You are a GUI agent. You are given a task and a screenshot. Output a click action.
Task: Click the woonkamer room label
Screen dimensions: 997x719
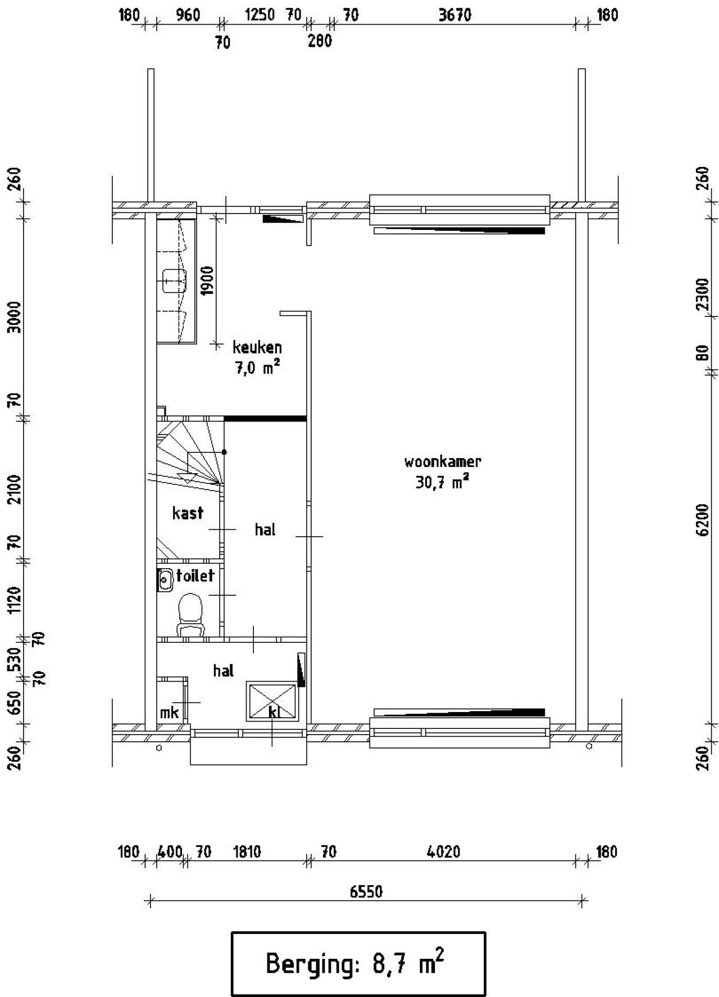(x=443, y=462)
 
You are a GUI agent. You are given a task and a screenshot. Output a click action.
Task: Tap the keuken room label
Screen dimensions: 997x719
(x=257, y=347)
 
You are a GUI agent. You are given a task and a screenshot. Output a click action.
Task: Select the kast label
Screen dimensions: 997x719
(x=188, y=513)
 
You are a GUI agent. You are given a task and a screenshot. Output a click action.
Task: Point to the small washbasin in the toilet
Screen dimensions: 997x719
(x=165, y=579)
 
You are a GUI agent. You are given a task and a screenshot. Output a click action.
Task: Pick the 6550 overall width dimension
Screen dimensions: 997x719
(x=366, y=892)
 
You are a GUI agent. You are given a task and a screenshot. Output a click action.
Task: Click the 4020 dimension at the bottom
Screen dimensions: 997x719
(x=443, y=852)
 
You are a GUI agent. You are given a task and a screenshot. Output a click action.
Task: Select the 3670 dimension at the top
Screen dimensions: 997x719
(x=454, y=15)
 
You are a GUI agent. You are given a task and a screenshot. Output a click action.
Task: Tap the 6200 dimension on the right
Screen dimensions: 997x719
(x=702, y=520)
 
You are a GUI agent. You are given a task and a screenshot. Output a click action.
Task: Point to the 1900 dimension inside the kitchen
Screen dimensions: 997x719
(x=207, y=281)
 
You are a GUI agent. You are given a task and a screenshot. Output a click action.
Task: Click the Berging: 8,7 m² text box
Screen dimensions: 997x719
(x=358, y=963)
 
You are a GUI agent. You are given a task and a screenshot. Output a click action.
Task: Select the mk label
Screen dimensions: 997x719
(x=169, y=713)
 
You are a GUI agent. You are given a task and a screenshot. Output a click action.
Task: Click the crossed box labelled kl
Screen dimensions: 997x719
(x=272, y=701)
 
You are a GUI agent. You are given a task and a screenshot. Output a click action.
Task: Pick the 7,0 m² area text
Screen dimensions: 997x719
(x=257, y=368)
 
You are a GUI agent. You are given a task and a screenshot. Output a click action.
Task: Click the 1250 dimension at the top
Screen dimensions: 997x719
(x=260, y=15)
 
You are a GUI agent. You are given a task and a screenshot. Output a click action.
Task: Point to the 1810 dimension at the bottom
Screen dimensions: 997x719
(x=247, y=852)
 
